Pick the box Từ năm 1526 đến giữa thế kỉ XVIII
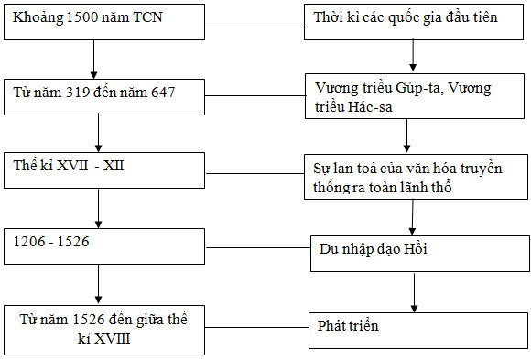point(103,326)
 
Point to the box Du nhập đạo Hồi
point(417,248)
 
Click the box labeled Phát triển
point(417,326)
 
